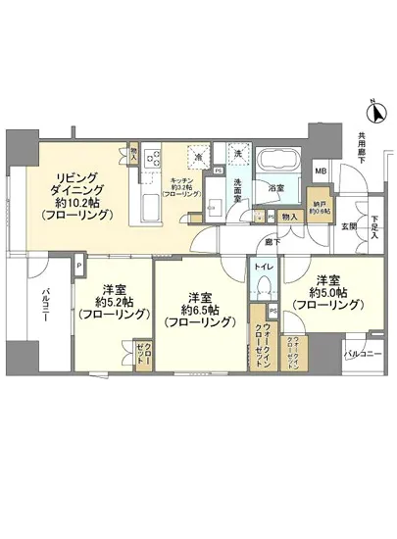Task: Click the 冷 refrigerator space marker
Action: coord(199,156)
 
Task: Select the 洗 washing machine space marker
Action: coord(236,153)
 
